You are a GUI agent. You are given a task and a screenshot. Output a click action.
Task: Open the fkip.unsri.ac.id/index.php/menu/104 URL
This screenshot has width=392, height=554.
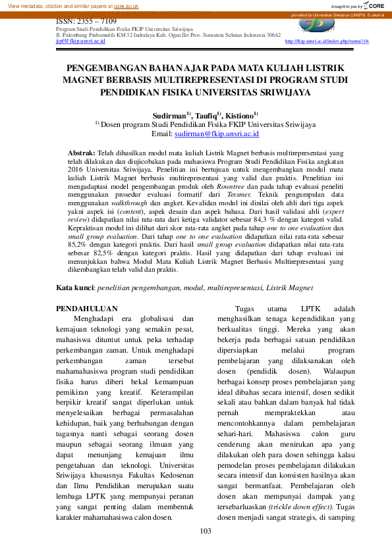click(x=327, y=41)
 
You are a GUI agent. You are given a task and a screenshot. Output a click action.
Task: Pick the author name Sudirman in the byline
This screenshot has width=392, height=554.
click(x=168, y=114)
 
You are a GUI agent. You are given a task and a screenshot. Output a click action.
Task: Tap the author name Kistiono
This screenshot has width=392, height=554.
click(x=243, y=114)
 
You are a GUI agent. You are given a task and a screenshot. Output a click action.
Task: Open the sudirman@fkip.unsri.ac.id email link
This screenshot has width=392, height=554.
click(x=217, y=134)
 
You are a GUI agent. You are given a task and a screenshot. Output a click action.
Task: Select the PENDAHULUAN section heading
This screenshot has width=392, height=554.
click(x=87, y=309)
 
